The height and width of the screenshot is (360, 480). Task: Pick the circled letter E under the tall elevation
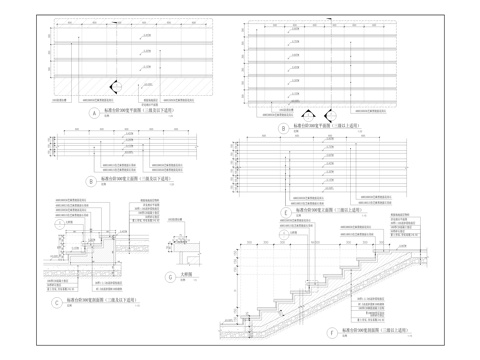click(286, 212)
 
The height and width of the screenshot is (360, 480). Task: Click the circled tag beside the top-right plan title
click(284, 128)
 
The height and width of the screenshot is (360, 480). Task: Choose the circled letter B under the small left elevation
click(91, 181)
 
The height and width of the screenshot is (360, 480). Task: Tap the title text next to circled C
click(98, 299)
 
